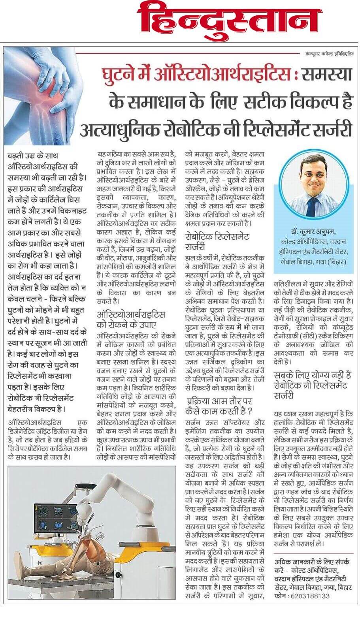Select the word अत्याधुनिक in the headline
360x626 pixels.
117,129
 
